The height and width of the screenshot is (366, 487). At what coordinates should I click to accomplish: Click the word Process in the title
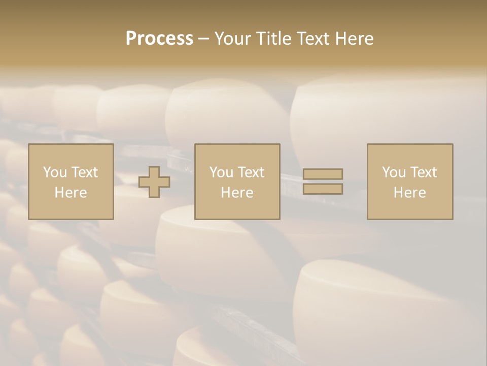[159, 39]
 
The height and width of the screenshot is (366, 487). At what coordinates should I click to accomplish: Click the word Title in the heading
[273, 39]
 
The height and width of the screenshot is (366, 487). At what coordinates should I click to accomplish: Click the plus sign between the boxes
[154, 182]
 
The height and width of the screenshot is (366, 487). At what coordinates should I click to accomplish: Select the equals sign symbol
[323, 181]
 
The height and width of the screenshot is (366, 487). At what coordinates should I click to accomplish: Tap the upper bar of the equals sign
[323, 174]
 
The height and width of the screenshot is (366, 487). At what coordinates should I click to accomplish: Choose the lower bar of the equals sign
[323, 189]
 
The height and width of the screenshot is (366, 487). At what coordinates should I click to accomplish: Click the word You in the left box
[55, 172]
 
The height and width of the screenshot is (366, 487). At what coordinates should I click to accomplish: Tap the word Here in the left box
[71, 193]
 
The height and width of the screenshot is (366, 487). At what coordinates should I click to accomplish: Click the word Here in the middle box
[237, 193]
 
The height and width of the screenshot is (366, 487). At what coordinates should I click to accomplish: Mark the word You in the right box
[394, 172]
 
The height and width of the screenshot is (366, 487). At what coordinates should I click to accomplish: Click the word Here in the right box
[410, 193]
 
